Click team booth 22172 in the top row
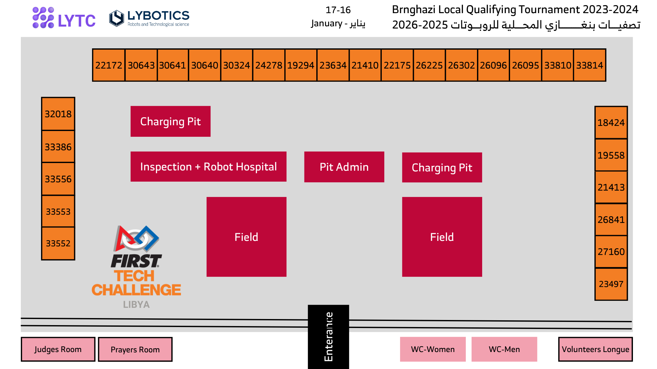(x=109, y=65)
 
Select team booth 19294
(x=301, y=65)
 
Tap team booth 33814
(x=590, y=65)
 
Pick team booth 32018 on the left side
(x=58, y=114)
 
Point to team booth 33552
(x=58, y=243)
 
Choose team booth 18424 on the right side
(x=611, y=123)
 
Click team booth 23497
(x=611, y=284)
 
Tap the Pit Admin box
(x=344, y=167)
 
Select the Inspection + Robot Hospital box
(x=208, y=167)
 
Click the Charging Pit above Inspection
(x=170, y=121)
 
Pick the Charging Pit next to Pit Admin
(x=442, y=168)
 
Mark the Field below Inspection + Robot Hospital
(x=246, y=237)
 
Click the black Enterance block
(x=328, y=336)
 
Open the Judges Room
(x=58, y=349)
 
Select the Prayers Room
(x=135, y=349)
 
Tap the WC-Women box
(x=433, y=349)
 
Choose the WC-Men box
(x=504, y=349)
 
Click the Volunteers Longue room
(x=595, y=349)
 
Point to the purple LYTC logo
(x=64, y=18)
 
